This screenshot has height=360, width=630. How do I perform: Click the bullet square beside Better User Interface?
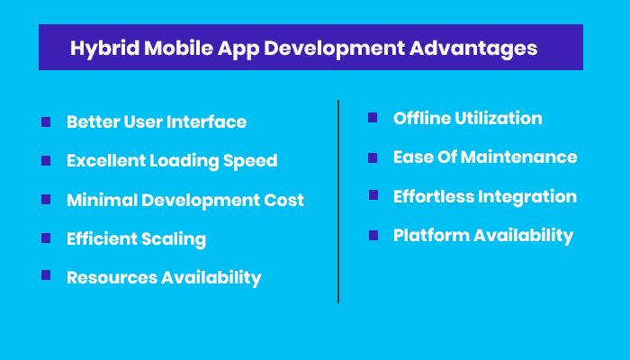pos(46,121)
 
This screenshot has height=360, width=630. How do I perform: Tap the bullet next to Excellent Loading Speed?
pos(46,160)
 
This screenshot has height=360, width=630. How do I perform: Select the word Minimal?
pos(100,200)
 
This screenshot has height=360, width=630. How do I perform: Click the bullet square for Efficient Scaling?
pos(46,238)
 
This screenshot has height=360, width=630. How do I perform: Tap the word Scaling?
pos(175,239)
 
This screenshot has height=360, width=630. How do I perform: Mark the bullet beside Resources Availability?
pos(46,276)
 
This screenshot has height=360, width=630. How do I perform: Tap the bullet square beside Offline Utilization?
pos(373,117)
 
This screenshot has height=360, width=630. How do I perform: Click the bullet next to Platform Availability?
pos(373,235)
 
